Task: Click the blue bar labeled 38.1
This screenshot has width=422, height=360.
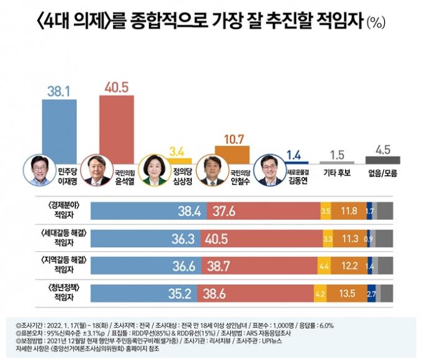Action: pos(60,127)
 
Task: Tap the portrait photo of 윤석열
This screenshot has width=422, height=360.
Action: pos(97,171)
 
